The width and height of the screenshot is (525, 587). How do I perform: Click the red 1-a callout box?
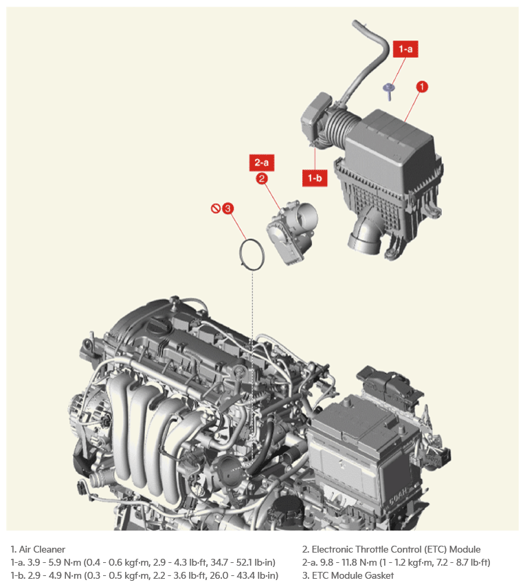click(x=405, y=49)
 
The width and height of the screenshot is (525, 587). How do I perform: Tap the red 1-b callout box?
click(x=315, y=178)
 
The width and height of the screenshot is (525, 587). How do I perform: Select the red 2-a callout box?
click(x=262, y=162)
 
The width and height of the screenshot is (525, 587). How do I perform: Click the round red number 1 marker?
click(x=422, y=87)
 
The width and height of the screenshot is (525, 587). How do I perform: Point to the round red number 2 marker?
click(x=262, y=178)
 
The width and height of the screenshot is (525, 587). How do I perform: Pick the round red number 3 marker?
click(x=227, y=208)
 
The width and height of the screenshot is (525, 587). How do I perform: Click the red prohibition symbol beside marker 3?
click(x=215, y=208)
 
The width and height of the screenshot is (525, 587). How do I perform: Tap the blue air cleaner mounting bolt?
click(x=388, y=91)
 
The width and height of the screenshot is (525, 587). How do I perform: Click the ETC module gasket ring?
click(x=241, y=254)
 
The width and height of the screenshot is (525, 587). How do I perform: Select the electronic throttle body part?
click(x=291, y=232)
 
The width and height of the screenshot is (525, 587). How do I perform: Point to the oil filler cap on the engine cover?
click(x=159, y=326)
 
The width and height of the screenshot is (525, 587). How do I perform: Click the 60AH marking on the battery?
click(x=399, y=496)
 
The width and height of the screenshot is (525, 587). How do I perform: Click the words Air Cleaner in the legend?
click(x=42, y=549)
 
